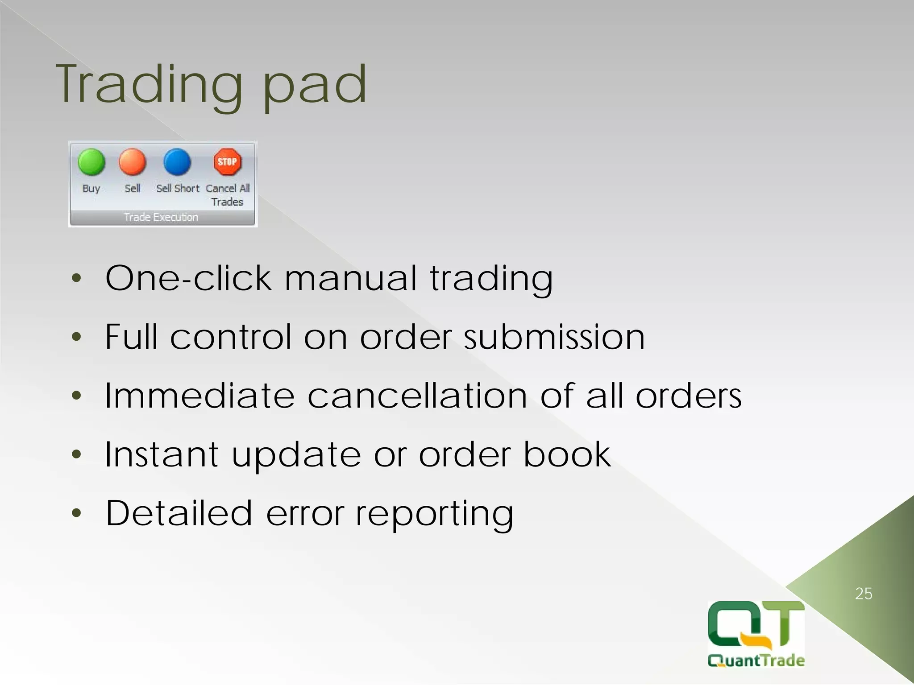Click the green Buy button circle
tap(91, 162)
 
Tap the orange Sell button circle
tap(133, 162)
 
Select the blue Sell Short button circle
tap(177, 162)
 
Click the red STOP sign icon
tap(227, 161)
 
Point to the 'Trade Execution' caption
tap(161, 217)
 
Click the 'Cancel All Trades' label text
tap(228, 195)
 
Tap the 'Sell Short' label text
tap(178, 189)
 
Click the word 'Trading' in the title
tap(150, 85)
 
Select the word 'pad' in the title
tap(315, 85)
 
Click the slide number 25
tap(864, 594)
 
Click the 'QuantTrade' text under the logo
tap(756, 660)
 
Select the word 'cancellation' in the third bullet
tap(417, 396)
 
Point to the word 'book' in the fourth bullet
tap(567, 454)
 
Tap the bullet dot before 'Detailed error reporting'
tap(77, 513)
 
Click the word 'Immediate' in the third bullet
tap(199, 396)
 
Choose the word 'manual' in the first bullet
tap(351, 278)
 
